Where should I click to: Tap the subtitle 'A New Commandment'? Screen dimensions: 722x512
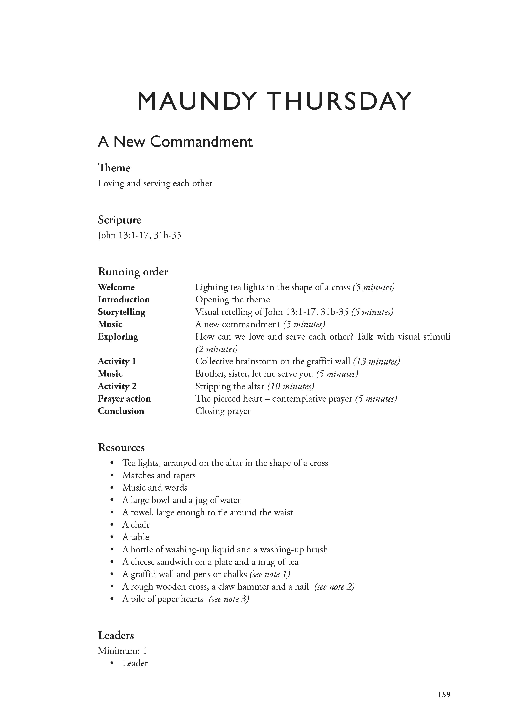[175, 142]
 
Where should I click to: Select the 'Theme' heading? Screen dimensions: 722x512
[114, 168]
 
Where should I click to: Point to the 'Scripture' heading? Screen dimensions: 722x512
[119, 220]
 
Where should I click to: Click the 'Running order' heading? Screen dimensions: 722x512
[133, 272]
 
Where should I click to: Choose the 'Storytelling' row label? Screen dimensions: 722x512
[121, 312]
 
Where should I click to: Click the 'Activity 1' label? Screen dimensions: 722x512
[117, 361]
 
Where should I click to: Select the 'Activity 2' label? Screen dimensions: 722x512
[117, 386]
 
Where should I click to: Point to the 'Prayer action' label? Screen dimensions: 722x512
[124, 399]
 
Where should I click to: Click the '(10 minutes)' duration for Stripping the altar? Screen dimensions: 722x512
[291, 386]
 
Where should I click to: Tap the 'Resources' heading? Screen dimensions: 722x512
[121, 448]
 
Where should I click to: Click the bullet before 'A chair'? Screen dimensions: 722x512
[112, 525]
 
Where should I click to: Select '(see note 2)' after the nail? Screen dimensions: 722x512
[334, 587]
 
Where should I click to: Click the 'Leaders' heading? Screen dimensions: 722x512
[116, 635]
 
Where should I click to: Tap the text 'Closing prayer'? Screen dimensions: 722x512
[223, 411]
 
